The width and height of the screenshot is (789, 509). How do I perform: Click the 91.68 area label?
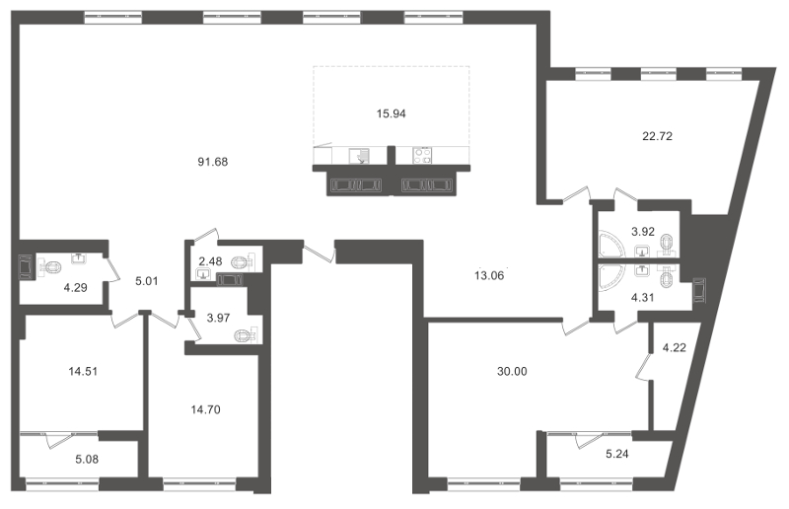pyautogui.click(x=213, y=162)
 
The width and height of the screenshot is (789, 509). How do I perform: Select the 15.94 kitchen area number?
pyautogui.click(x=392, y=113)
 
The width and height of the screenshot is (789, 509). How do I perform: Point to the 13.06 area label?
pyautogui.click(x=489, y=275)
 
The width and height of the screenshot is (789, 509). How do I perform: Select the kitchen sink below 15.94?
pyautogui.click(x=361, y=155)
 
